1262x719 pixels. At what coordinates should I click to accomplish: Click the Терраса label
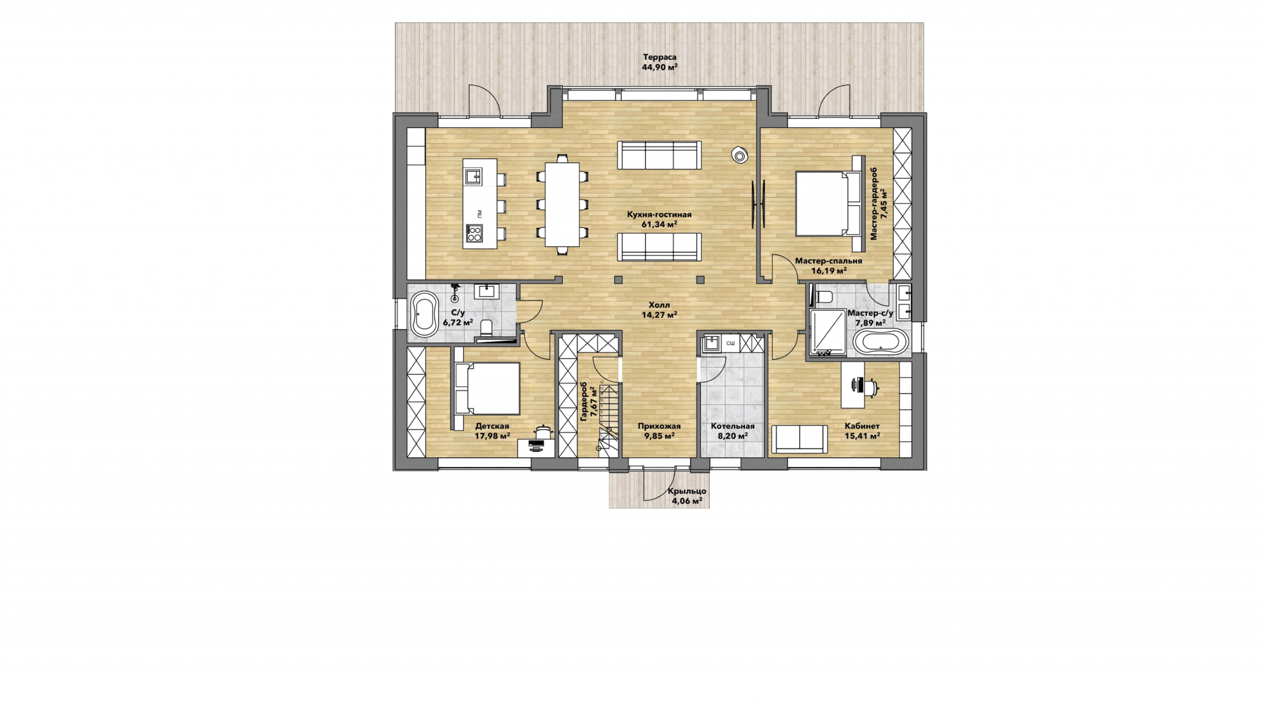tap(659, 57)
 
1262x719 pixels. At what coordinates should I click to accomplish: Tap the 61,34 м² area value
tap(659, 224)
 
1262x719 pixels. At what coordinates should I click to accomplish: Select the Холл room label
tap(659, 305)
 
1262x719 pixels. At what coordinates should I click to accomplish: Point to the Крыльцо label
tap(687, 492)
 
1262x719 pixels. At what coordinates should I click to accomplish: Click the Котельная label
tap(733, 426)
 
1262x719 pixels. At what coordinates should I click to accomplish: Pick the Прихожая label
tap(659, 426)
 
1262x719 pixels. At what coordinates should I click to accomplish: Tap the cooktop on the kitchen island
tap(474, 234)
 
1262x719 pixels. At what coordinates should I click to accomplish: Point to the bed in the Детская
tap(487, 388)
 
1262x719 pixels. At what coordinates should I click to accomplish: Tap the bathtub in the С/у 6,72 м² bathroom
tap(425, 314)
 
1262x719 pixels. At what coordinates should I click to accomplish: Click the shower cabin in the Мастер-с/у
tap(828, 333)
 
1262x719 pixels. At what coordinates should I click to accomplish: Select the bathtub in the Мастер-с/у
tap(881, 343)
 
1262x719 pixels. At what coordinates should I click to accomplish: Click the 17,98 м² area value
tap(492, 436)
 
